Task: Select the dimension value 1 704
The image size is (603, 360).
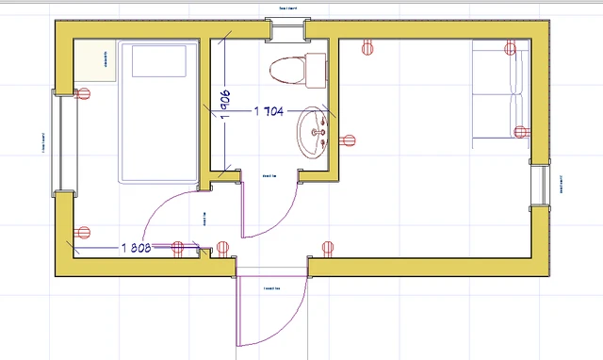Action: point(270,111)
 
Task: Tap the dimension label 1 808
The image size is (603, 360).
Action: point(138,248)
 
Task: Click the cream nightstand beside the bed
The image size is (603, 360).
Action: point(95,62)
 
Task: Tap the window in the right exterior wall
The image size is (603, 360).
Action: point(539,184)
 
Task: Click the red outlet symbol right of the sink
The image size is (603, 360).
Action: point(349,141)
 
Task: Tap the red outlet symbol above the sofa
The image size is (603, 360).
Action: point(510,47)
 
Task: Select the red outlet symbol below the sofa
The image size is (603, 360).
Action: point(517,132)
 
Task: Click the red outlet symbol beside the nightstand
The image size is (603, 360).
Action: point(84,93)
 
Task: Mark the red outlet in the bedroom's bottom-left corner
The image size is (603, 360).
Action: point(84,233)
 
